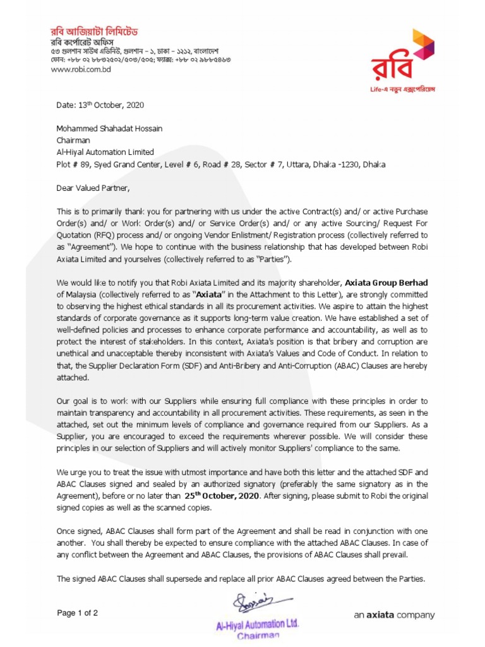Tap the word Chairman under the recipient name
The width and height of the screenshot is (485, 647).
73,140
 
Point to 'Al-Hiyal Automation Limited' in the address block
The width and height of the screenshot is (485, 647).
105,152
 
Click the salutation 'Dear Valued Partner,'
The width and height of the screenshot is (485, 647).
92,188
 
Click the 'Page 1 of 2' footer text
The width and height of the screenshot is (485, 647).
78,613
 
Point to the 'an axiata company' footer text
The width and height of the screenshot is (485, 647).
394,615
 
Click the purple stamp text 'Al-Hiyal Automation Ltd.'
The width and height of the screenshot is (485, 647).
257,624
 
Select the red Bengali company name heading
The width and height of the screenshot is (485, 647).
95,31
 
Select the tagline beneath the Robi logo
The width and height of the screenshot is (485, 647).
402,89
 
